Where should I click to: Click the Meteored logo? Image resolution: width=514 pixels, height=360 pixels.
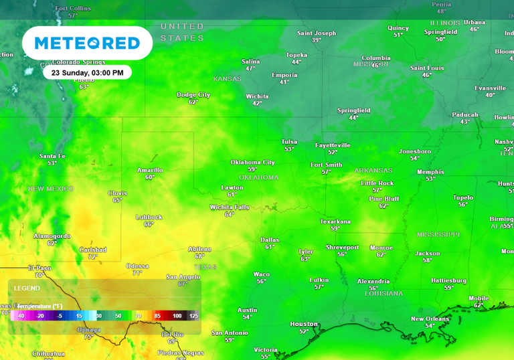point(87,43)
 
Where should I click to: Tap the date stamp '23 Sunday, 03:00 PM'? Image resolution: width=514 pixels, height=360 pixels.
point(87,72)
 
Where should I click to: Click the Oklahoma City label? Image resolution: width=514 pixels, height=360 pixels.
point(252,162)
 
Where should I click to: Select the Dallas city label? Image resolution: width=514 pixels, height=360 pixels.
point(270,240)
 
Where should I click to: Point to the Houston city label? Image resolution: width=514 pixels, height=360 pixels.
point(304,324)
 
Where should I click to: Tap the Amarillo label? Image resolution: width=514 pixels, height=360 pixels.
point(150,170)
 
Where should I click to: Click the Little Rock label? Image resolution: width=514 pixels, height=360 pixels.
point(377,183)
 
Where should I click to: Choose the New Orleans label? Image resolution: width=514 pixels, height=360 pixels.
point(430,319)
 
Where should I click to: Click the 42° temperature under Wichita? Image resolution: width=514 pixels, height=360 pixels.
point(257,104)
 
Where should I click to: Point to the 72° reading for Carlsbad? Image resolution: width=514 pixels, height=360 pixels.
point(92,257)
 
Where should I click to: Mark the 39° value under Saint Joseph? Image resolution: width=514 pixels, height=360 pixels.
point(317,40)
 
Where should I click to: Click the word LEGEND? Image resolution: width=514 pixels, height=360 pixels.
point(27,288)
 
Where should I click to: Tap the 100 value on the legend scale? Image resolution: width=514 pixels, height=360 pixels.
point(177,315)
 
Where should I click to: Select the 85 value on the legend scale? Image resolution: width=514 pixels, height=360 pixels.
point(158,315)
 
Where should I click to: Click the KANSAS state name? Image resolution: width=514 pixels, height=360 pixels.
point(227,79)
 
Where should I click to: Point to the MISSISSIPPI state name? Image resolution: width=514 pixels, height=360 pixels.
point(438,235)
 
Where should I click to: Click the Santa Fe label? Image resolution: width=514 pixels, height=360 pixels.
point(52,156)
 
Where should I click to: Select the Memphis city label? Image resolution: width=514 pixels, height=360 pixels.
point(430,172)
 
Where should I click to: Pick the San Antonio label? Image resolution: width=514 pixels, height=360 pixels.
point(230,333)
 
